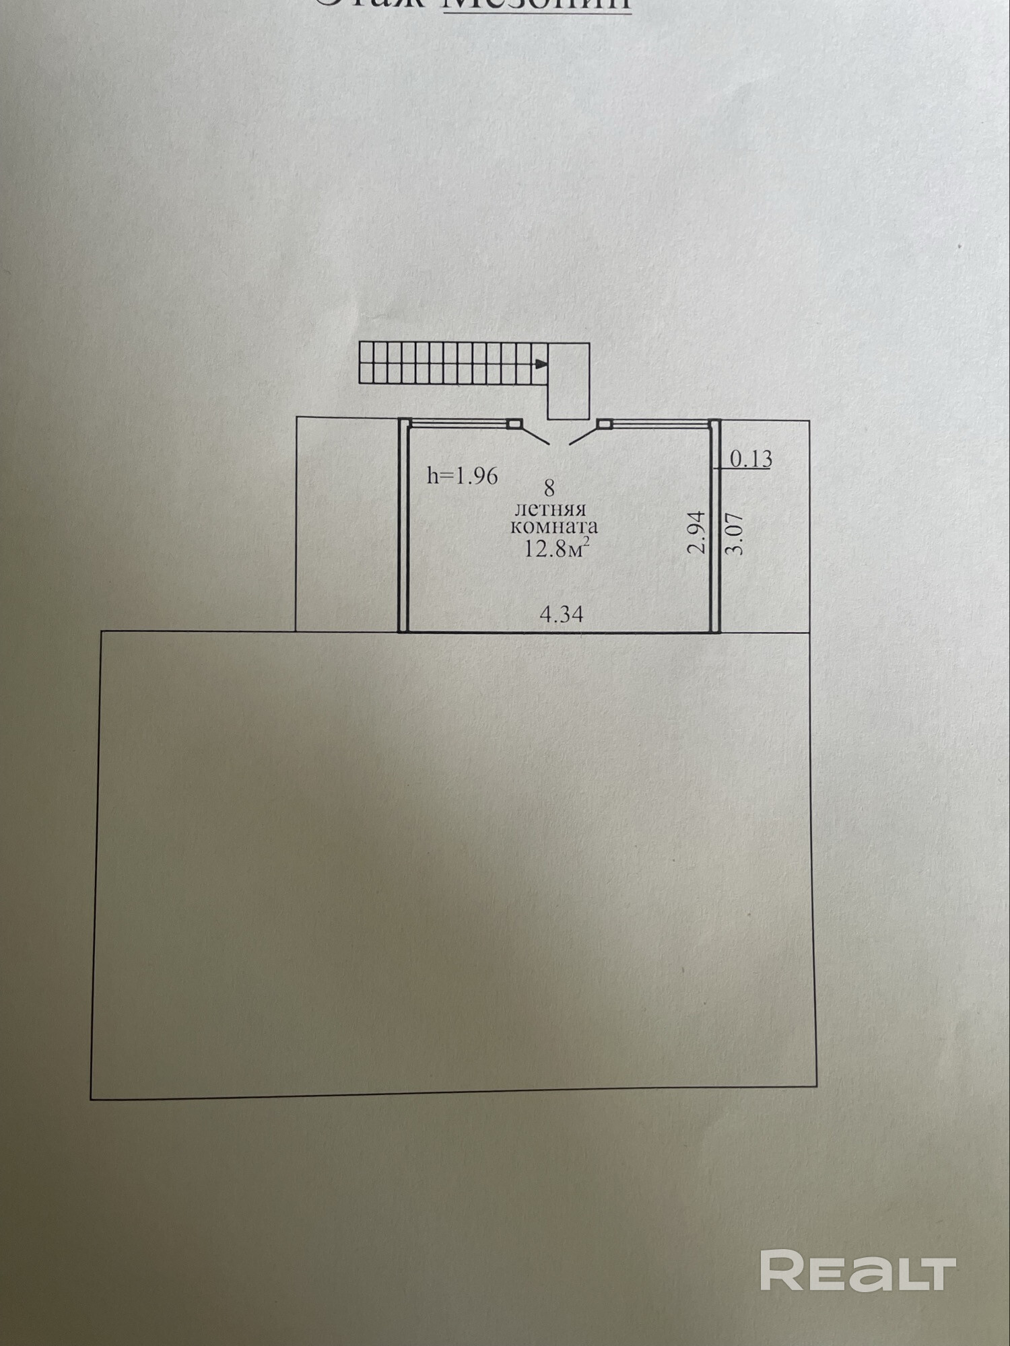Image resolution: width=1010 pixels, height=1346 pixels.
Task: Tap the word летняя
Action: (x=550, y=509)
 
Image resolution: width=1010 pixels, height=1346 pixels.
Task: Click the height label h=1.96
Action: (x=463, y=476)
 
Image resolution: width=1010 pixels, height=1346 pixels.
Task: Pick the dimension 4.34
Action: (x=562, y=614)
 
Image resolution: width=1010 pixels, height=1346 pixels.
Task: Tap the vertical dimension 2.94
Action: (x=697, y=532)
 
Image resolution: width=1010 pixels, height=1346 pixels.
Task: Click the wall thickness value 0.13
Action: (x=751, y=459)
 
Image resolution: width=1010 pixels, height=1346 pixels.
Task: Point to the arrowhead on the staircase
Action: (x=540, y=364)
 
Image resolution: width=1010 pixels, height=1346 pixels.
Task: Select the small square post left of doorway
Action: (x=514, y=424)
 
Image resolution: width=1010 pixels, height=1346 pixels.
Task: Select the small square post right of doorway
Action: (x=604, y=424)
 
